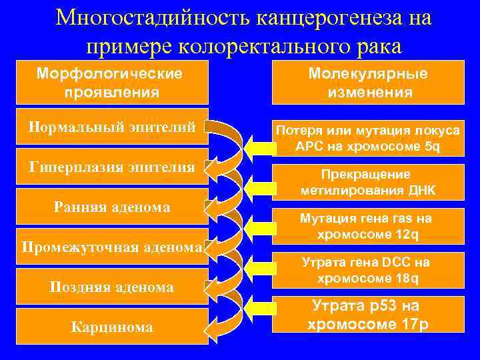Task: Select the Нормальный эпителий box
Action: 112,125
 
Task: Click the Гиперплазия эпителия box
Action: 112,166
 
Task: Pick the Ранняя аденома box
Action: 112,207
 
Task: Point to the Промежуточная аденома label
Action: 112,247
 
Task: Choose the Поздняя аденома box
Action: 112,287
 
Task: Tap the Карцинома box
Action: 112,327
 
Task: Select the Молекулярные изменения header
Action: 368,83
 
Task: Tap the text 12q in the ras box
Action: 405,235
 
